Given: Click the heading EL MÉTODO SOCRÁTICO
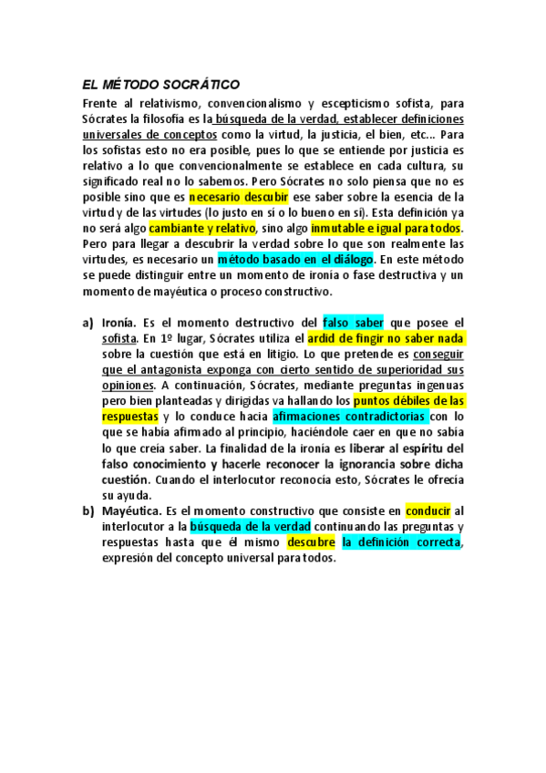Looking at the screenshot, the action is [160, 84].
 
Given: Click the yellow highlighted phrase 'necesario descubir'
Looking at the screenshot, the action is [238, 196].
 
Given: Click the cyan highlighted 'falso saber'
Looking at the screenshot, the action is [353, 323].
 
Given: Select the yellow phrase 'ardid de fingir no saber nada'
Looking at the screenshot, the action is [386, 338].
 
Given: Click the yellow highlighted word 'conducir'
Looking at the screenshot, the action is [428, 511].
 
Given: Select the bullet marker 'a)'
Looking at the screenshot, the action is [88, 323].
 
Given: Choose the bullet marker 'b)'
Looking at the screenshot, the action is [88, 511].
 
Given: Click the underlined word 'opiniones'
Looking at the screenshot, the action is [126, 386].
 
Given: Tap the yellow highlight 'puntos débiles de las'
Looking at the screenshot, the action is [409, 401].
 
